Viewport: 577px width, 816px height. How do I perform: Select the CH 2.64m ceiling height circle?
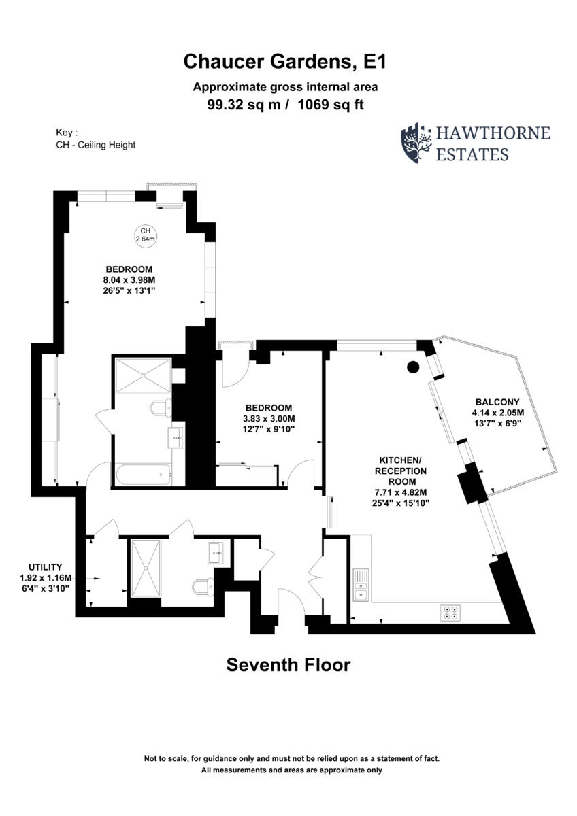(145, 235)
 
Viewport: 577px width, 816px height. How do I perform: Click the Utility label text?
(46, 567)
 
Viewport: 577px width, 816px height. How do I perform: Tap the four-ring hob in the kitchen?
(450, 612)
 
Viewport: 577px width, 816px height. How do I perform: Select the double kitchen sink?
(361, 585)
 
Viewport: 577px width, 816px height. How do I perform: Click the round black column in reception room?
(413, 368)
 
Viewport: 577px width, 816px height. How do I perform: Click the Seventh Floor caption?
(288, 664)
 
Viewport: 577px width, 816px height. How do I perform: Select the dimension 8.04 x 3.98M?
(129, 280)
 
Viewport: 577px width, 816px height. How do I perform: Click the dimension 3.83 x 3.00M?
(269, 419)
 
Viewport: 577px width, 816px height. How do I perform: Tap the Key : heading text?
(67, 133)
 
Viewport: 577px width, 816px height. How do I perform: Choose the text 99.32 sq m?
(242, 105)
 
